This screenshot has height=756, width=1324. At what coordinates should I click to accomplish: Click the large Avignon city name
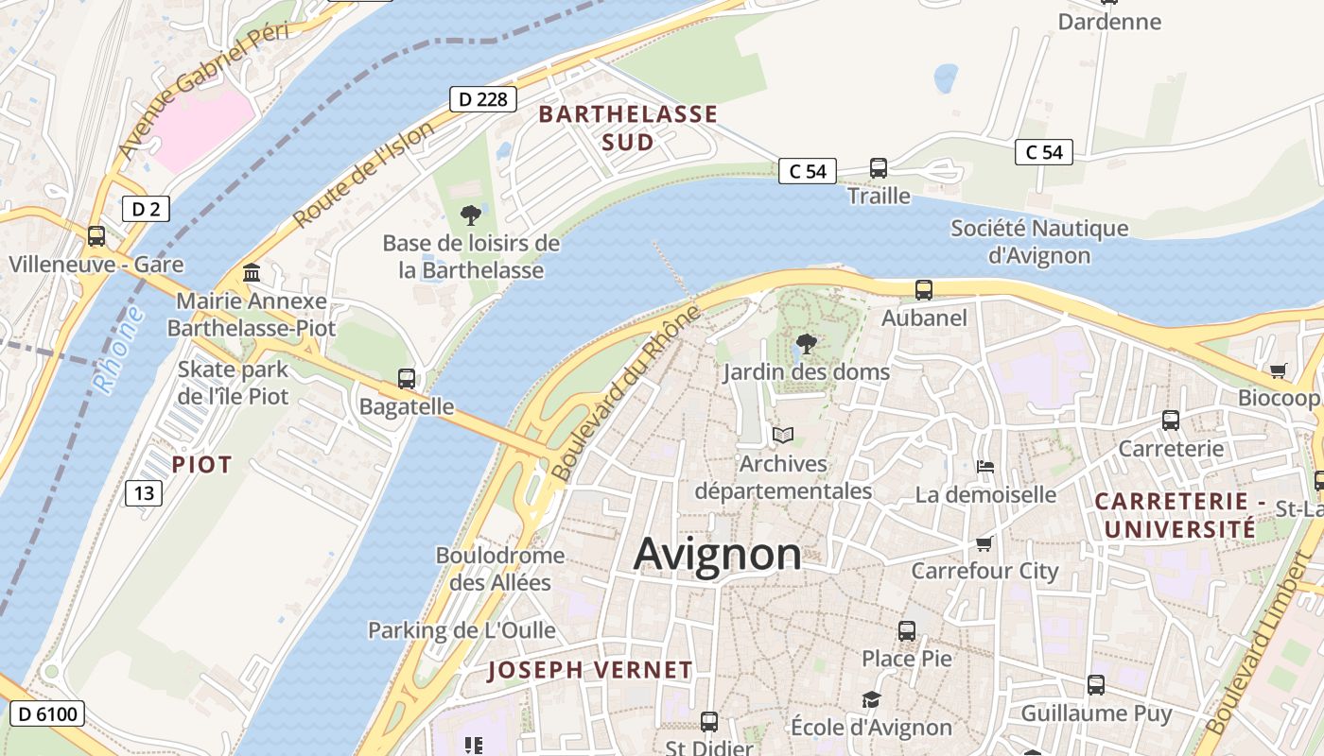[717, 554]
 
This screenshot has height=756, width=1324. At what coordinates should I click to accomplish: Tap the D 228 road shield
[482, 99]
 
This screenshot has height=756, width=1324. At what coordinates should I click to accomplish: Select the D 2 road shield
[146, 209]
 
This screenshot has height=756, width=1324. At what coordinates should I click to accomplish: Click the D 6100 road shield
[46, 713]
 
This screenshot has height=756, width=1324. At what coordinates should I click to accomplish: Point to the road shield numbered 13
[143, 492]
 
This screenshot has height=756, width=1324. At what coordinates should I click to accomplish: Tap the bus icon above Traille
[879, 168]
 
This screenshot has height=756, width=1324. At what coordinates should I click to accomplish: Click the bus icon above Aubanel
[924, 290]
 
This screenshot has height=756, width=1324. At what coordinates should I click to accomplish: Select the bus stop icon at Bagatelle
[407, 379]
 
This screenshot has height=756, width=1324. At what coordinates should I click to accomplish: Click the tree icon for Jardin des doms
[807, 344]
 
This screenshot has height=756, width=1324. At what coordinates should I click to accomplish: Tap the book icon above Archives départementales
[782, 436]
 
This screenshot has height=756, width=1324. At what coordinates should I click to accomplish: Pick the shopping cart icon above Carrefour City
[984, 543]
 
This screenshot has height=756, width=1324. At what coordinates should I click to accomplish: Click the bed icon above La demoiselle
[985, 467]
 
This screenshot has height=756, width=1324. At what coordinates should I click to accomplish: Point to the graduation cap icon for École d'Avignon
[871, 699]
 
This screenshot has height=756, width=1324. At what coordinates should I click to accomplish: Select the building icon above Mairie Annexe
[252, 273]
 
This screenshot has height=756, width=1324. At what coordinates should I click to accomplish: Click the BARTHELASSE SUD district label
[628, 129]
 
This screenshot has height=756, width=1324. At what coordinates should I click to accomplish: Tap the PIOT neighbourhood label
[201, 465]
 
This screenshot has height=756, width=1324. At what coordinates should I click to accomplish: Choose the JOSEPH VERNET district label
[590, 671]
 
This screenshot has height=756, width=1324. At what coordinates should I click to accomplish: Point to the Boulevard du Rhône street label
[625, 393]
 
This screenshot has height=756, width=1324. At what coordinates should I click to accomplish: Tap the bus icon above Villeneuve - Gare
[96, 236]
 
